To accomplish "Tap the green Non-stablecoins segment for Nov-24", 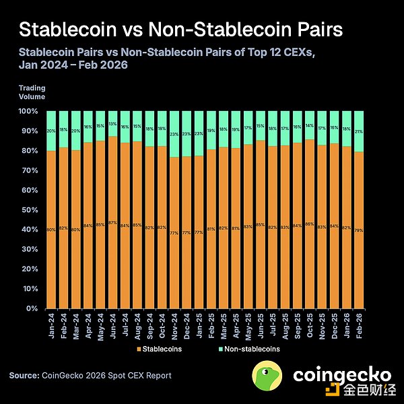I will tap(174, 133).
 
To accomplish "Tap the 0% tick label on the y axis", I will tap(32, 309).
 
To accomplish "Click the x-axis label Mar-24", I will tap(75, 325).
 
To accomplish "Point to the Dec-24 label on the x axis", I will tap(186, 325).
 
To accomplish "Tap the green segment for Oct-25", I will tap(310, 125).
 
